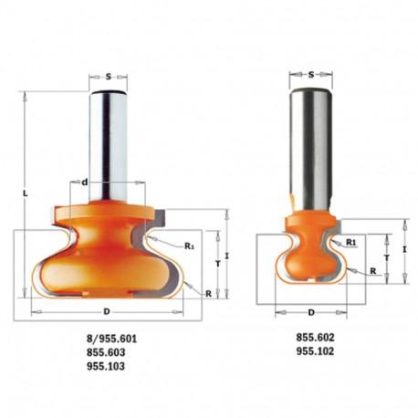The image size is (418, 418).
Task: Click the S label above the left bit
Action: [109, 77]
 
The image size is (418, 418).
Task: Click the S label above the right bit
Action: [310, 75]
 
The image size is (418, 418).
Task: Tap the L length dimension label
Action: [26, 193]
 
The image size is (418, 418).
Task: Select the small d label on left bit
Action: [85, 183]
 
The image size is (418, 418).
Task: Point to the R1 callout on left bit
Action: [189, 246]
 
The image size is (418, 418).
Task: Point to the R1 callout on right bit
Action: [351, 243]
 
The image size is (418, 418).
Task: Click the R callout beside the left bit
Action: [208, 294]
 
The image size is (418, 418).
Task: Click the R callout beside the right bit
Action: [373, 271]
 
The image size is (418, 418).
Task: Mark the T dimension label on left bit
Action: [218, 265]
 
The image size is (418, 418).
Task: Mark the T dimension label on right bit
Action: [387, 258]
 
